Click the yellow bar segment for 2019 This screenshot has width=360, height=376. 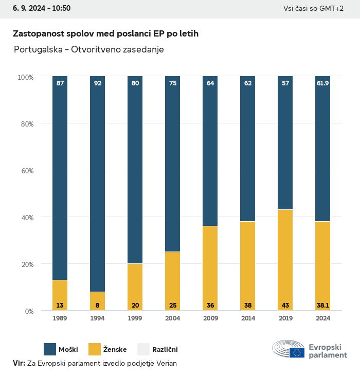285,260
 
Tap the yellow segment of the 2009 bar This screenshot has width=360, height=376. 210,268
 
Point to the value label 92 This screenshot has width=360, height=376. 98,83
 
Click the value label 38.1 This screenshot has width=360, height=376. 323,306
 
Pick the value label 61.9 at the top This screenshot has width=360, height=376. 323,83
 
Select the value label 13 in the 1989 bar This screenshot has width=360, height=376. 60,306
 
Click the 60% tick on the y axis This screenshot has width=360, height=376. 26,170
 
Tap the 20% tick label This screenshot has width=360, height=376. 26,264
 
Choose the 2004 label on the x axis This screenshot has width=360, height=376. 173,318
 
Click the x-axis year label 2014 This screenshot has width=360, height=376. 248,318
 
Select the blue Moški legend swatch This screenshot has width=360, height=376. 50,349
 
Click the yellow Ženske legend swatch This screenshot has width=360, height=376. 95,349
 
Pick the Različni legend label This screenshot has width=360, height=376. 165,350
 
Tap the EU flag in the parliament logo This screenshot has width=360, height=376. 297,352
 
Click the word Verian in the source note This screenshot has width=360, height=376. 165,363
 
